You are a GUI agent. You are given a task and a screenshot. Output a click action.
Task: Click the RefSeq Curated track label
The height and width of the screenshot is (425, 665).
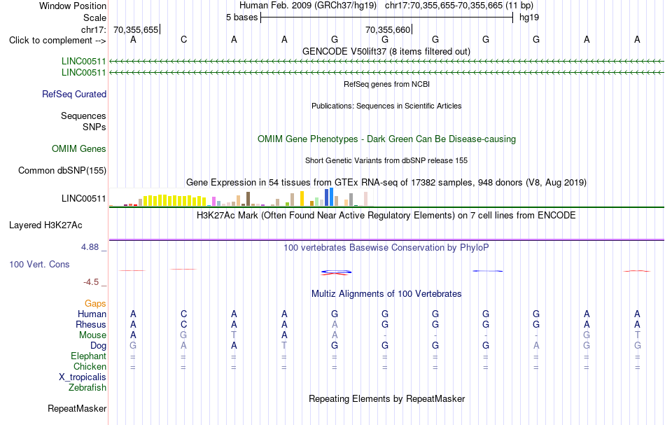pyautogui.click(x=74, y=94)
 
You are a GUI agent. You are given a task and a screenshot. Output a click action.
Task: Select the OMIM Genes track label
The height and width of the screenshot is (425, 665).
pyautogui.click(x=79, y=149)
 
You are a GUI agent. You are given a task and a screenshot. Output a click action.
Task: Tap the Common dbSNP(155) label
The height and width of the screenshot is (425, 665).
pyautogui.click(x=62, y=171)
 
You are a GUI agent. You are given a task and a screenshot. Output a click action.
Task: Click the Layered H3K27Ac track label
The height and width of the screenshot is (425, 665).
pyautogui.click(x=45, y=225)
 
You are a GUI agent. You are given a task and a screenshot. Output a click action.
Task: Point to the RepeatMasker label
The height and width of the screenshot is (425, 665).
pyautogui.click(x=77, y=408)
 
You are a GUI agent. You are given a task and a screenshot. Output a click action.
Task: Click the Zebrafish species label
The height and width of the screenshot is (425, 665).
pyautogui.click(x=87, y=387)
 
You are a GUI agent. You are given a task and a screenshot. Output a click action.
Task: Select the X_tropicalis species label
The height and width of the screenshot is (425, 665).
pyautogui.click(x=83, y=377)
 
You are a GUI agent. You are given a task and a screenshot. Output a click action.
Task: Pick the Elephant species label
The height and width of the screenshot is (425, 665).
pyautogui.click(x=89, y=356)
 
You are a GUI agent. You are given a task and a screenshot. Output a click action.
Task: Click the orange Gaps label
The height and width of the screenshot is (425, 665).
pyautogui.click(x=95, y=303)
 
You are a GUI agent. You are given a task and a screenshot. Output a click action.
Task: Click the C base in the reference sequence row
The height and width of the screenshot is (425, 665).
pyautogui.click(x=183, y=39)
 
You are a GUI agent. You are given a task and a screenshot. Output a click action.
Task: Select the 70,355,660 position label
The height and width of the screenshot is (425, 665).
pyautogui.click(x=388, y=29)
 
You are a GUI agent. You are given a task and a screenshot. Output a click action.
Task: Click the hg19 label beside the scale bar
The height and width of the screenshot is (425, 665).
pyautogui.click(x=529, y=18)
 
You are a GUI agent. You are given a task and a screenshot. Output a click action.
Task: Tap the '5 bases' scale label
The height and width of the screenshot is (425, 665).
pyautogui.click(x=241, y=18)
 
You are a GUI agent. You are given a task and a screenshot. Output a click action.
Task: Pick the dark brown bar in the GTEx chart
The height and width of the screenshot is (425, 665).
pyautogui.click(x=248, y=199)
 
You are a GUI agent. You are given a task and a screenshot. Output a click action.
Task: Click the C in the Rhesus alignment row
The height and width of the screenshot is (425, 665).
pyautogui.click(x=183, y=324)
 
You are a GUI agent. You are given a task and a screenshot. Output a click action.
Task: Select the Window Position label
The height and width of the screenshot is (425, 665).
pyautogui.click(x=73, y=6)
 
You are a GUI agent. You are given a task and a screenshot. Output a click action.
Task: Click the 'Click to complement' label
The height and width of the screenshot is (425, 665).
pyautogui.click(x=57, y=41)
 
